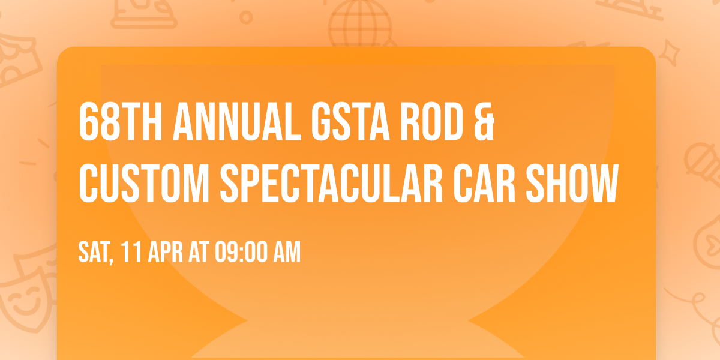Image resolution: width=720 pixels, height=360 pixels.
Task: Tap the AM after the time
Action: pyautogui.click(x=286, y=253)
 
